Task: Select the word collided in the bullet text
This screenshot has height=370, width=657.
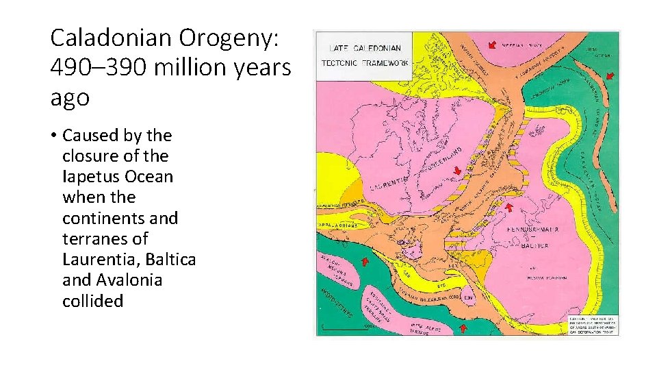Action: coord(92,301)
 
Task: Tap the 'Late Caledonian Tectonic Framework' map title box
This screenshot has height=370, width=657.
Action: coord(365,56)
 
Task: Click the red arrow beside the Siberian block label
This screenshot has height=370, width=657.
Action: coord(491,46)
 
